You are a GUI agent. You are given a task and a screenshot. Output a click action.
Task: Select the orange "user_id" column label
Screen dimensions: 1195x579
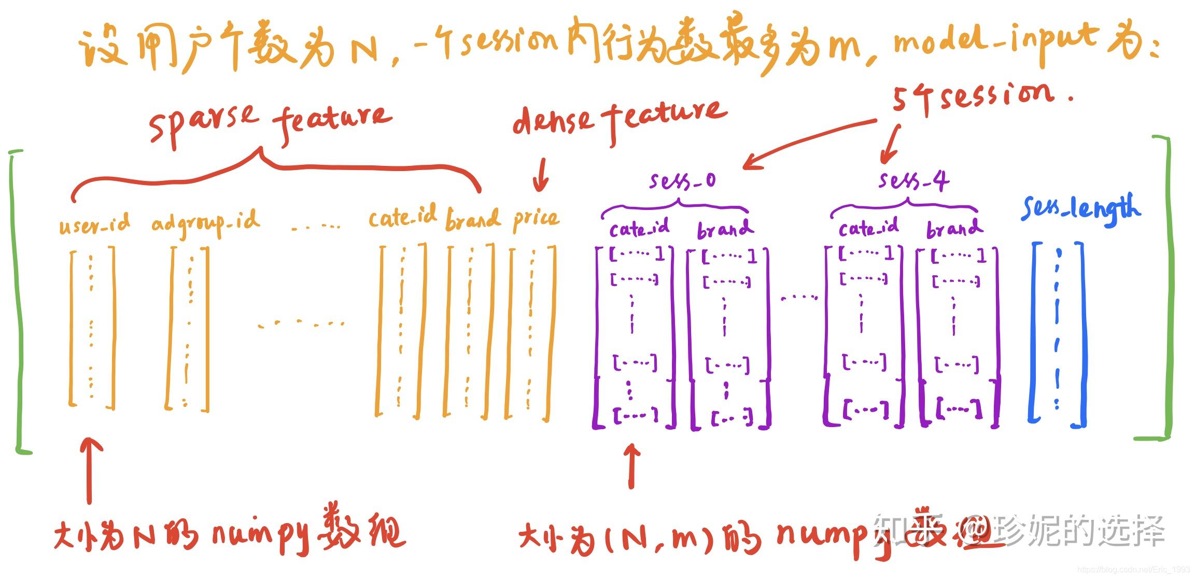[94, 224]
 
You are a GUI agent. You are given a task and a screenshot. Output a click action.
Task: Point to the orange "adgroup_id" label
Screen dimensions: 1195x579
[205, 223]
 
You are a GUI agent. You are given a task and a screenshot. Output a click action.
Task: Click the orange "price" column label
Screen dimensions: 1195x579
[536, 219]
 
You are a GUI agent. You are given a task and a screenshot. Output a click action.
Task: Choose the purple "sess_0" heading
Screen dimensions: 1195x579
[682, 181]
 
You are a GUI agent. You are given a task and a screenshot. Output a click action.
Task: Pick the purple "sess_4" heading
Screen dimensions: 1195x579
[913, 181]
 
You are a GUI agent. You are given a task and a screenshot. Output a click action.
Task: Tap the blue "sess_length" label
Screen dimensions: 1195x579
[1080, 208]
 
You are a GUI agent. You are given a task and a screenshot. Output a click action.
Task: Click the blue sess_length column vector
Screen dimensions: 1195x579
[1058, 334]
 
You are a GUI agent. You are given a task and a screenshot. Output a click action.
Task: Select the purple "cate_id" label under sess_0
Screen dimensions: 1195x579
[639, 229]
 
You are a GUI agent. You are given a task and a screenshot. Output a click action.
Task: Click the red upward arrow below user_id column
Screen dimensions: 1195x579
[90, 469]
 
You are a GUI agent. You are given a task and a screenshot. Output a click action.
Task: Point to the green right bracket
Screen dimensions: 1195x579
[1164, 288]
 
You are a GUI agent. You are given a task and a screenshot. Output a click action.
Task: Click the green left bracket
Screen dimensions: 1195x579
[19, 301]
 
